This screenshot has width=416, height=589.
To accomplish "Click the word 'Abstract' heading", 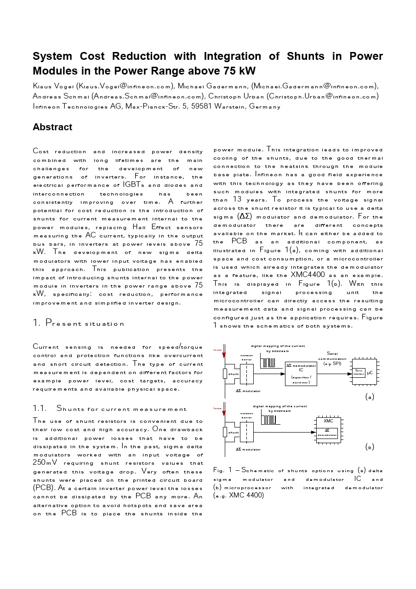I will [x=52, y=127].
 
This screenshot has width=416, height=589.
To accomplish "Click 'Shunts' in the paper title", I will [x=305, y=56].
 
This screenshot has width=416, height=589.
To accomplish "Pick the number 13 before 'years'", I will [x=237, y=200].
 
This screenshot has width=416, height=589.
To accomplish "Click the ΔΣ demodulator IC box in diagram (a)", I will [x=301, y=373].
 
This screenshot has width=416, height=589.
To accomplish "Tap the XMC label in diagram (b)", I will [x=328, y=421].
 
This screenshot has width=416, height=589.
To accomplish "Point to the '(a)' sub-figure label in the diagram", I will [x=370, y=396].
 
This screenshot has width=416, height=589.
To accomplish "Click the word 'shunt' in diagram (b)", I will [x=234, y=433].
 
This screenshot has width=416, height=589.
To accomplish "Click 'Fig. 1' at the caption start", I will [x=223, y=470].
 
